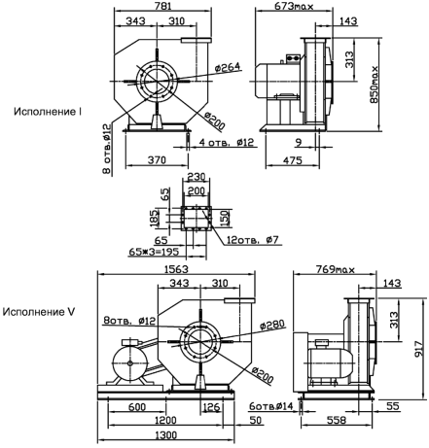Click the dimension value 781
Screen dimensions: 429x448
click(x=162, y=6)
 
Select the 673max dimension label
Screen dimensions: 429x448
click(x=294, y=6)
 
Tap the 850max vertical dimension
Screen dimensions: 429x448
click(x=375, y=85)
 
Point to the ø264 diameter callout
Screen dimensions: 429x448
click(x=228, y=67)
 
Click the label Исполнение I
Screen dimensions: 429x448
click(x=48, y=112)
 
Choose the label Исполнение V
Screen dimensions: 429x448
click(x=39, y=312)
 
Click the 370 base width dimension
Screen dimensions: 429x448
click(x=157, y=160)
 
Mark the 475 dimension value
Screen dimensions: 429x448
click(x=293, y=160)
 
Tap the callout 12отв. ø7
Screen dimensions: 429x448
click(x=253, y=240)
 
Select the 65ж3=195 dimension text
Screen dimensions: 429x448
click(x=154, y=252)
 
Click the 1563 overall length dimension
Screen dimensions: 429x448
click(x=176, y=269)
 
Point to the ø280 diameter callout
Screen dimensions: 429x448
click(x=272, y=325)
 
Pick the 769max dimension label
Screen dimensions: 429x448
click(x=336, y=269)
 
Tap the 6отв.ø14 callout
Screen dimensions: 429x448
click(x=271, y=406)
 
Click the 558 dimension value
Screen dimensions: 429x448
click(x=337, y=420)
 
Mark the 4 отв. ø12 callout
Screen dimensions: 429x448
click(x=227, y=143)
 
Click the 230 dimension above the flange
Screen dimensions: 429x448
click(x=197, y=177)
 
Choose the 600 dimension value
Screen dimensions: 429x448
click(x=137, y=407)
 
